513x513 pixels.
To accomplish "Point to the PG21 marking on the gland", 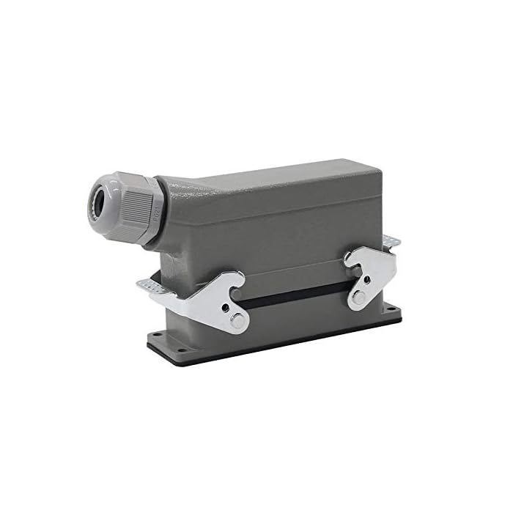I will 157,214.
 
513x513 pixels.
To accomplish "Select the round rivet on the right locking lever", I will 358,297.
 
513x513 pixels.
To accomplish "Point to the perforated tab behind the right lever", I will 393,243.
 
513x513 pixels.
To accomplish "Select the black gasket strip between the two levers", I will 293,297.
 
